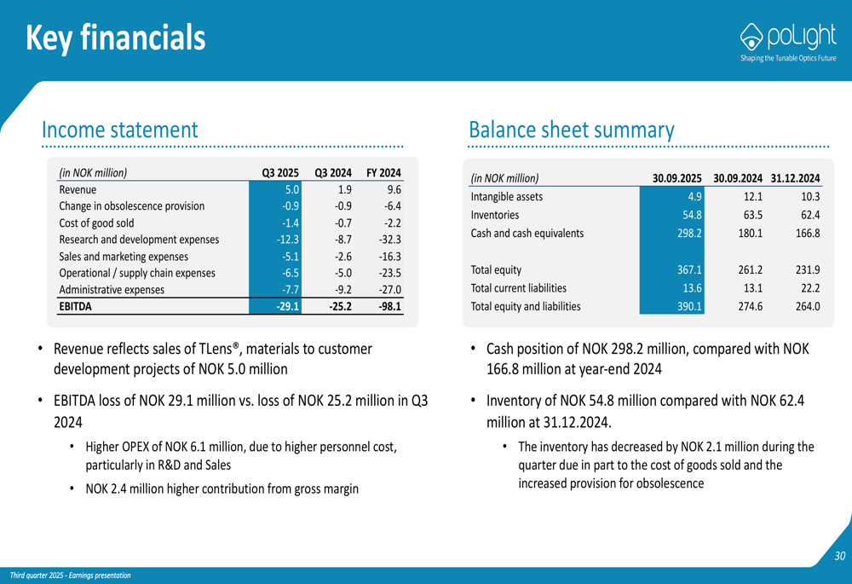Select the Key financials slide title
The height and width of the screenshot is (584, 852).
click(x=115, y=38)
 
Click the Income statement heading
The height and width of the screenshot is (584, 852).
click(x=119, y=130)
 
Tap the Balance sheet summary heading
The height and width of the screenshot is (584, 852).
click(x=571, y=130)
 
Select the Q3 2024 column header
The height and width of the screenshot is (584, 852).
click(x=333, y=172)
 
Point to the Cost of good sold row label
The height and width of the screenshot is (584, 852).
click(x=96, y=223)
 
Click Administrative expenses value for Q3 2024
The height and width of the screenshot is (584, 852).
click(x=340, y=290)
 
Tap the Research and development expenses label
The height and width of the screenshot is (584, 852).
click(x=139, y=240)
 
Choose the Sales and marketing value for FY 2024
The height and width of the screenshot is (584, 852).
click(x=388, y=256)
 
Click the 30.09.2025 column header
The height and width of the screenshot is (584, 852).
click(x=676, y=178)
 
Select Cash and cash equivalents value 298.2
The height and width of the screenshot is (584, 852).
click(x=688, y=233)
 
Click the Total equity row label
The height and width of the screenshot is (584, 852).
click(x=496, y=270)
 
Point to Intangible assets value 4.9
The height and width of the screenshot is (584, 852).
click(x=694, y=197)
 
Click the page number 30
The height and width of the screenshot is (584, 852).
click(x=839, y=557)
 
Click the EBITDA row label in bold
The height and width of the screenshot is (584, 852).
click(x=76, y=306)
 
